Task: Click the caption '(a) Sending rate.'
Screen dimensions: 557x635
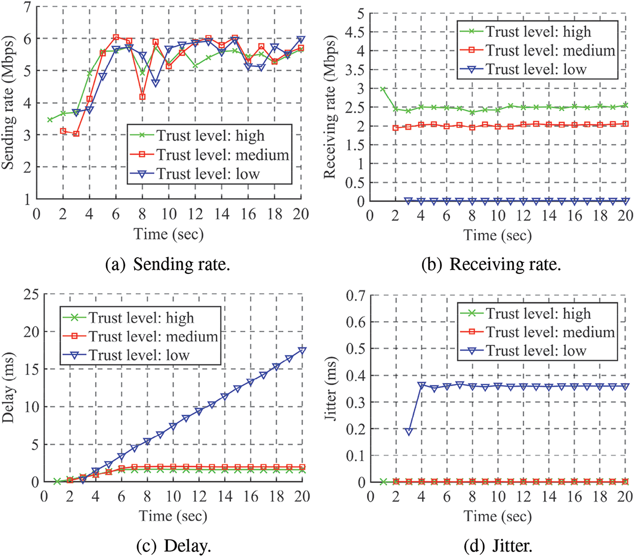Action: [x=167, y=264]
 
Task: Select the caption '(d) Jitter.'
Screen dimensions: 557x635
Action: [x=497, y=546]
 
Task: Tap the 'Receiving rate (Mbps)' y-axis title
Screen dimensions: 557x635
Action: [x=330, y=107]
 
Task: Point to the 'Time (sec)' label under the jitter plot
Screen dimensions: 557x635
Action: [x=497, y=516]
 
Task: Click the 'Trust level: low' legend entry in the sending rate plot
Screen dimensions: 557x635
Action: [x=207, y=174]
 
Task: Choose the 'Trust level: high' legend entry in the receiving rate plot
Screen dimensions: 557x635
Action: [x=538, y=32]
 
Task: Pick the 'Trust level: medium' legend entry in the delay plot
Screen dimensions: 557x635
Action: [x=153, y=337]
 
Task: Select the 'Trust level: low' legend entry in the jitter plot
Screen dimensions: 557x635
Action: [x=536, y=351]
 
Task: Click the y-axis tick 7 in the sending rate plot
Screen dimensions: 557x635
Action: [x=27, y=7]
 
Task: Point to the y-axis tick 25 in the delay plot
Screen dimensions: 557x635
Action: [x=31, y=294]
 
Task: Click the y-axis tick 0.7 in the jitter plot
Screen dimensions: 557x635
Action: [x=355, y=295]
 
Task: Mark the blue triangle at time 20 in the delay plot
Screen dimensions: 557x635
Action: [x=302, y=350]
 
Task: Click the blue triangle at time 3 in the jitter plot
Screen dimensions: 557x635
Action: [x=409, y=432]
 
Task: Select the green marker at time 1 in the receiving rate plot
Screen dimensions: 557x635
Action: [x=383, y=89]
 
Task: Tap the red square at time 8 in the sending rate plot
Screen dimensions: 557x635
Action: [x=143, y=97]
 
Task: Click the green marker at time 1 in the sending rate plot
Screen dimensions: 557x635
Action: [x=50, y=120]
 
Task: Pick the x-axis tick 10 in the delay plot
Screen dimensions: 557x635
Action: [x=173, y=496]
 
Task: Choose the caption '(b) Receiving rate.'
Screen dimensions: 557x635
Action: [x=491, y=264]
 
